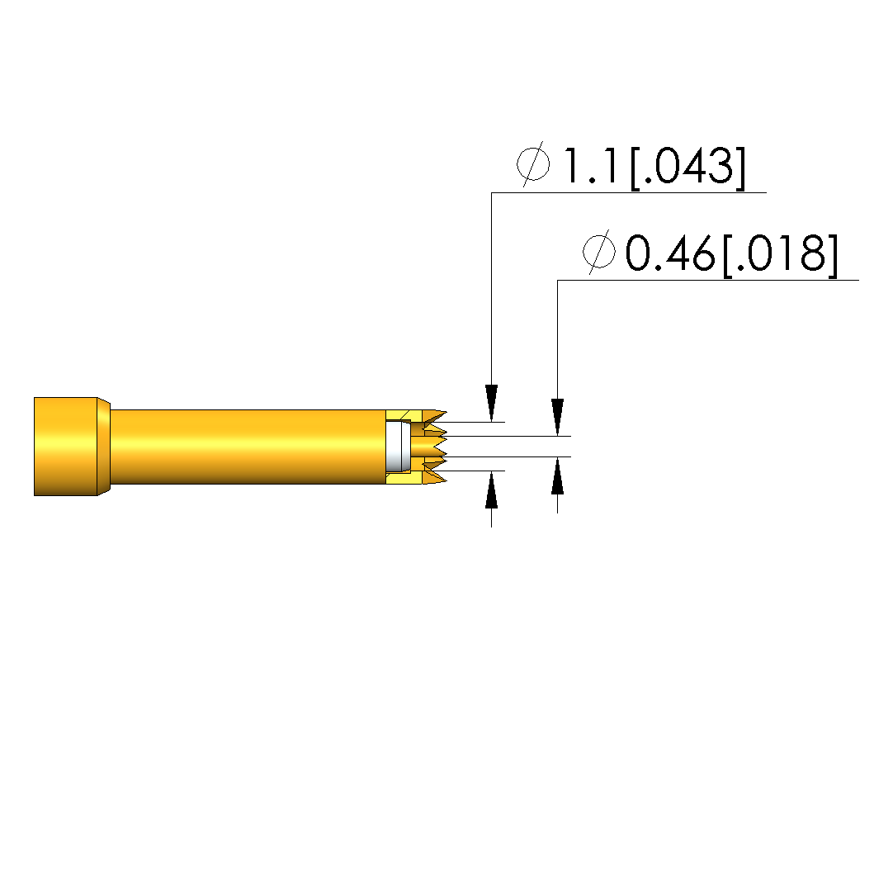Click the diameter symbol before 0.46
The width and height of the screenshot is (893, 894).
tap(599, 252)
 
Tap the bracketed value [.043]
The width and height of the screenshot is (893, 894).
tap(687, 166)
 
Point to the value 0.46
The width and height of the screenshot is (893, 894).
tap(669, 253)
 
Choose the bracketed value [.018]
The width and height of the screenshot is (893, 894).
tap(781, 253)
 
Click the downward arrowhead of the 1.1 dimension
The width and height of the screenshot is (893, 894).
tap(491, 403)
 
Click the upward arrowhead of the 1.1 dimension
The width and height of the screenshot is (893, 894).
tap(491, 490)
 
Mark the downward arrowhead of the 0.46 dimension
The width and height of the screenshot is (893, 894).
tap(557, 417)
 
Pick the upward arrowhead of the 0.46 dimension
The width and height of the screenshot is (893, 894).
tap(557, 475)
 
